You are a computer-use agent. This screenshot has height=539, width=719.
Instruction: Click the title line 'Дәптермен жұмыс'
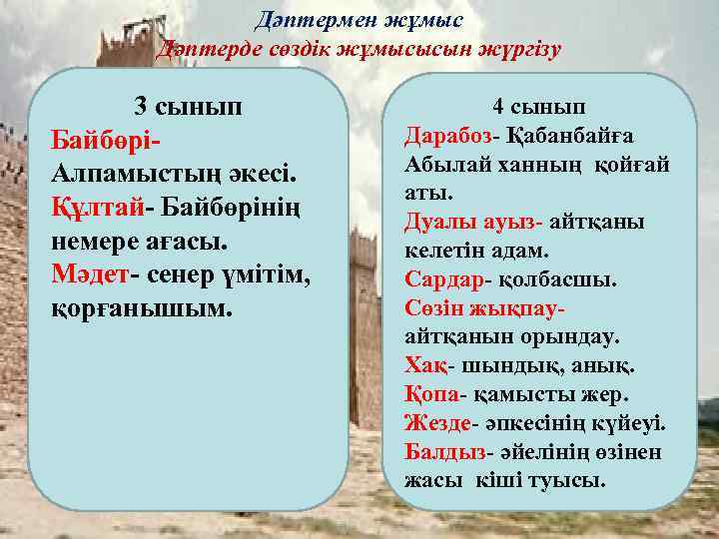click(x=359, y=19)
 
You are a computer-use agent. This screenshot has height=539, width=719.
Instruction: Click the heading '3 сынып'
click(x=187, y=107)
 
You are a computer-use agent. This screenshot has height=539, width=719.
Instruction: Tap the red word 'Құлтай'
click(x=96, y=209)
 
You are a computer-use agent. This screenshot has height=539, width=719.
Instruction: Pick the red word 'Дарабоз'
click(x=444, y=136)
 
